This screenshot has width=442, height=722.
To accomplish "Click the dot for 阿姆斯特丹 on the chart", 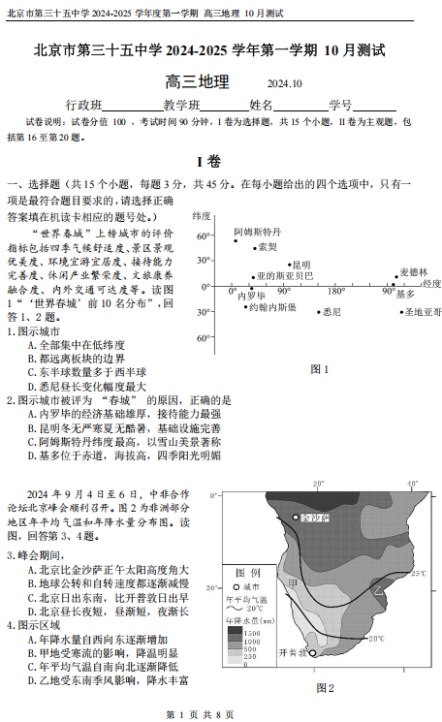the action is [236, 240].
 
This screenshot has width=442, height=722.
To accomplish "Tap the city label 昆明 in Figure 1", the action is [301, 264].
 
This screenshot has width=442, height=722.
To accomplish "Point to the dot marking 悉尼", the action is [318, 312].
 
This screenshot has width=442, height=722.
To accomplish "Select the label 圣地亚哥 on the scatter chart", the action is [423, 312].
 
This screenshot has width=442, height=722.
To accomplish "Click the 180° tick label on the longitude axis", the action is [335, 292].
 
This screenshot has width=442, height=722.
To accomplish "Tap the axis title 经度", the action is [431, 284].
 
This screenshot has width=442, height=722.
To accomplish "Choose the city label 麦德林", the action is [413, 271].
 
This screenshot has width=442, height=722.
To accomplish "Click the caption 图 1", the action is [319, 368].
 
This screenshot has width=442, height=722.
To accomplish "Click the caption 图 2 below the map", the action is [325, 688].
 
